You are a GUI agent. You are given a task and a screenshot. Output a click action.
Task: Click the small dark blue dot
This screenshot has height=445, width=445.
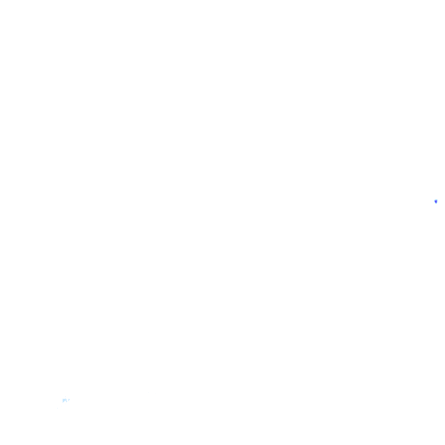(x=436, y=201)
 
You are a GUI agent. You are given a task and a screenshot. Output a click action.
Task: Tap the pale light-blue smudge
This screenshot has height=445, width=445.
(x=65, y=400)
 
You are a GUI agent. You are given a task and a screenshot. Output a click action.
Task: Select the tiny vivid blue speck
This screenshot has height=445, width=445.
(x=436, y=201)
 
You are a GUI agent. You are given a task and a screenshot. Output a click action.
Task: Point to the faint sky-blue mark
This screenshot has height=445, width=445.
(x=65, y=400)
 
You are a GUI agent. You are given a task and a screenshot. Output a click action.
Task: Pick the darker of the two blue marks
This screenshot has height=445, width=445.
(x=436, y=201)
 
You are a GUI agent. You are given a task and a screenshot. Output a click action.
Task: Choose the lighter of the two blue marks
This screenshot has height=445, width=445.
(x=65, y=400)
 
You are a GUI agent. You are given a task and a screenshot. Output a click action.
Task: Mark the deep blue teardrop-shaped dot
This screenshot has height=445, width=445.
(x=436, y=201)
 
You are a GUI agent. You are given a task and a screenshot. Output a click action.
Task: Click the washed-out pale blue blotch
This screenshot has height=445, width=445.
(x=65, y=400)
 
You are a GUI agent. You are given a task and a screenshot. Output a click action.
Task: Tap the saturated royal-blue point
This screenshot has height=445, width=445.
(x=436, y=201)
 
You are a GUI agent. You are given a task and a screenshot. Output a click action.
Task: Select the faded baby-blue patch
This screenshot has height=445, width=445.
(x=65, y=400)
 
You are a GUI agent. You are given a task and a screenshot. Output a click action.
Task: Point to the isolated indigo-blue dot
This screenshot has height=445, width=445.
(x=436, y=201)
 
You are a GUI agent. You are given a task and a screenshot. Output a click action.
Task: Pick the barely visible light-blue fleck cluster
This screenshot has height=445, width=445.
(x=65, y=400)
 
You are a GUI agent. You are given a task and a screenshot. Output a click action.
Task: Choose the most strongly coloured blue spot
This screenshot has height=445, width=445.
(x=436, y=201)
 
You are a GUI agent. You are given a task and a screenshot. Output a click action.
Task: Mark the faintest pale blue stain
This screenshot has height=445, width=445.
(x=65, y=400)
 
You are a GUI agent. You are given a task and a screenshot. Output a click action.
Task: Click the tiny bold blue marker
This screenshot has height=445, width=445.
(x=436, y=201)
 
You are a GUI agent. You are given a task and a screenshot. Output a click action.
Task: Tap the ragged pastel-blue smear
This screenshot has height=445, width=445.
(x=65, y=400)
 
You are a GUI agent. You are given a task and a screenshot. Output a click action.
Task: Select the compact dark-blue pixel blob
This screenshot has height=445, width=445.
(x=436, y=201)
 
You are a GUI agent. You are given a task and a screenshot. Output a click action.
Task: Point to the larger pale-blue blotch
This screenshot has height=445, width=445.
(x=65, y=400)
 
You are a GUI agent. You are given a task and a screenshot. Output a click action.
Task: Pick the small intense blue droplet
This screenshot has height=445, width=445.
(x=436, y=201)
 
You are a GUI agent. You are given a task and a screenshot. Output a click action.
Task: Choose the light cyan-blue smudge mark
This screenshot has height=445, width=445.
(x=65, y=400)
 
